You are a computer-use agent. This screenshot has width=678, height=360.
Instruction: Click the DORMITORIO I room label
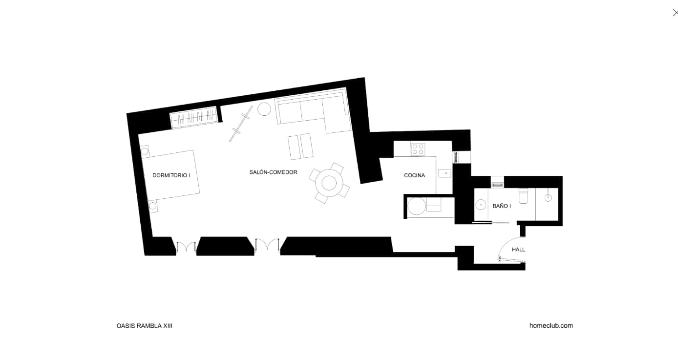[x=171, y=175]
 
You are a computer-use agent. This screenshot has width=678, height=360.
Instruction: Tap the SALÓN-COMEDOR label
[x=274, y=172]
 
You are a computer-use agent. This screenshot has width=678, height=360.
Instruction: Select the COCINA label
[x=414, y=175]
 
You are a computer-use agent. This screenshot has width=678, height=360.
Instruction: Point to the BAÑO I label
[x=502, y=206]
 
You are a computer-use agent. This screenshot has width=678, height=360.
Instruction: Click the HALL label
[x=518, y=250]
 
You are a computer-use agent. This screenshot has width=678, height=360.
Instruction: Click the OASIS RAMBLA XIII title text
[x=145, y=326]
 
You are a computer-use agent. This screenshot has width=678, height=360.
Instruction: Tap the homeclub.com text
[x=551, y=325]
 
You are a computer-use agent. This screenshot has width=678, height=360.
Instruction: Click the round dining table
[x=329, y=183]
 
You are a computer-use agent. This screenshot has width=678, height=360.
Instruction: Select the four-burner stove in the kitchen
[x=418, y=149]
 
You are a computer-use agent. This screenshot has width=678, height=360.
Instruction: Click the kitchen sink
[x=445, y=173]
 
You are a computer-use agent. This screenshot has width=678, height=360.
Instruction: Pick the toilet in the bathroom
[x=523, y=196]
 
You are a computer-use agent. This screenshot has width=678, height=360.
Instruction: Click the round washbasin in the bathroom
[x=480, y=205]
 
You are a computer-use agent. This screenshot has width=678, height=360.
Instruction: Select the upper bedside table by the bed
[x=145, y=151]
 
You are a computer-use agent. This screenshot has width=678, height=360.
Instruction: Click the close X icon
[x=675, y=13]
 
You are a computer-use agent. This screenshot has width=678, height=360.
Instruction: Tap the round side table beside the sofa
[x=264, y=109]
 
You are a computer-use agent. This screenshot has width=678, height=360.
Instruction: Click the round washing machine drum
[x=417, y=206]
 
